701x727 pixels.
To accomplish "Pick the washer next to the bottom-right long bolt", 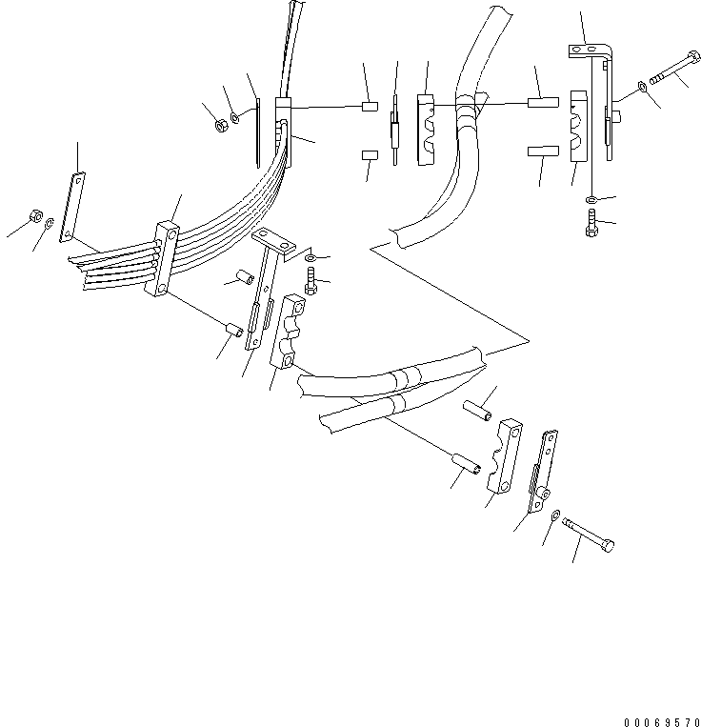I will (555, 515).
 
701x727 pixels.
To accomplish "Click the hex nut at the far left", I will (33, 215).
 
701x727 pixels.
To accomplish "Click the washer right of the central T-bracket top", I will (314, 256).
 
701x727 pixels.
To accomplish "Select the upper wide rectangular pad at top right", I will (546, 101).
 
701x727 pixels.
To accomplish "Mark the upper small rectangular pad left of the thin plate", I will (371, 107).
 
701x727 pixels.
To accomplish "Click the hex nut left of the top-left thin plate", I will (218, 124).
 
